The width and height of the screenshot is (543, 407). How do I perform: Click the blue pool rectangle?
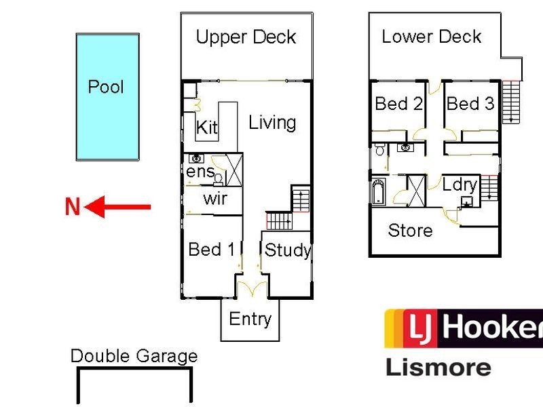pos(108,97)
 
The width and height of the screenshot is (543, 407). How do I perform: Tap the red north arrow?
pos(117,207)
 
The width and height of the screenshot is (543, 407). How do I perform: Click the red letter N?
pos(73,207)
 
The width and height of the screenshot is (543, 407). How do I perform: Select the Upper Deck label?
pos(246,37)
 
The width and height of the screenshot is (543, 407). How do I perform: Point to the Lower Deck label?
pos(432,37)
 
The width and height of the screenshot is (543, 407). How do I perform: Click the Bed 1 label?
pos(212,249)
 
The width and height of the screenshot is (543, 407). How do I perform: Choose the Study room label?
pos(287,250)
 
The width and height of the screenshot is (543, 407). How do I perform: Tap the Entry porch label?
pos(250,319)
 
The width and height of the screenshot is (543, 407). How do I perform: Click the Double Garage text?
pos(134,356)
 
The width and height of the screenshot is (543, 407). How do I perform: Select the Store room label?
pos(411,230)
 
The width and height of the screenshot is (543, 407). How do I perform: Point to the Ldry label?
pos(460,185)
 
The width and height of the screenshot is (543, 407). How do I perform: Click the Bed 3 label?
pos(470,104)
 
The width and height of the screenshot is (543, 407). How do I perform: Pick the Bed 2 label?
pos(399,104)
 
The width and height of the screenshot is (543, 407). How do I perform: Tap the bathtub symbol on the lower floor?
pos(379,191)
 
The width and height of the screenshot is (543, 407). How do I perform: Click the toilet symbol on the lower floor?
pos(379,149)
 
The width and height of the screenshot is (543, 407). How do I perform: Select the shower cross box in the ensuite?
pos(234,170)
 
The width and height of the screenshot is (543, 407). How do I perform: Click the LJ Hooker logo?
pos(464,328)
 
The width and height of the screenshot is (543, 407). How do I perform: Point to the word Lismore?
pos(438,367)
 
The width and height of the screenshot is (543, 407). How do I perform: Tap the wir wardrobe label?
pos(215,199)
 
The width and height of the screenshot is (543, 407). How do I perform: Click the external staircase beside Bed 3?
pos(512,101)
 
